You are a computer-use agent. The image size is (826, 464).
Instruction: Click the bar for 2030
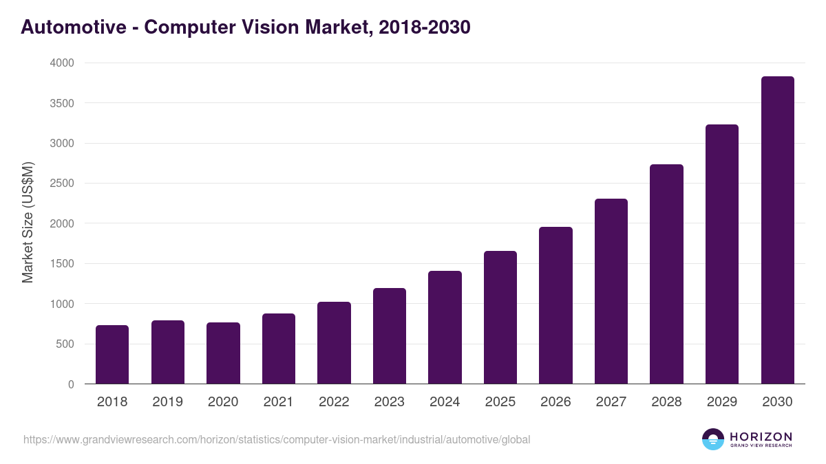(777, 230)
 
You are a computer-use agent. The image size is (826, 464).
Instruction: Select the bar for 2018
(112, 355)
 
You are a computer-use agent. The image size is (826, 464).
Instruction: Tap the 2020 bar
(223, 353)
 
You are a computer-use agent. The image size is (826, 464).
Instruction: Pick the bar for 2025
(500, 318)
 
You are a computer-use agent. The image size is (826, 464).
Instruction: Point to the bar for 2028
(666, 274)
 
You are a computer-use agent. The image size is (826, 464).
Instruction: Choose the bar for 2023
(389, 336)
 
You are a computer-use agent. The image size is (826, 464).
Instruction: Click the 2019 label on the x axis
(167, 402)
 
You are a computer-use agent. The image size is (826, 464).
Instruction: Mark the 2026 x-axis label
(555, 402)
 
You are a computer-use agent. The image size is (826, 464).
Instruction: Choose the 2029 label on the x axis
(722, 402)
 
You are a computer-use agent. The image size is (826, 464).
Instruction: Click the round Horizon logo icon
(713, 439)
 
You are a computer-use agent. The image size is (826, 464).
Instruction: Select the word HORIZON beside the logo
(761, 436)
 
